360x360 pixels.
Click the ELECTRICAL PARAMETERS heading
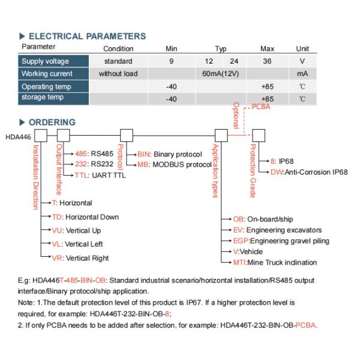(87, 36)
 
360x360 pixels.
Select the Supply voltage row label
(46, 61)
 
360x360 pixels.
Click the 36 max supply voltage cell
(267, 61)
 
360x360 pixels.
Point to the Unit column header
(302, 49)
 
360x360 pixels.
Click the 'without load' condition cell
(118, 74)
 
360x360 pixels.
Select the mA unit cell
(302, 74)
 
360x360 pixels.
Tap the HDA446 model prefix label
(17, 137)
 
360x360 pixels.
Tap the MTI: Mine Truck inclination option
(275, 262)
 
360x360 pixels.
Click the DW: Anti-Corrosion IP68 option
(308, 172)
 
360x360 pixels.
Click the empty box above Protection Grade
(259, 134)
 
